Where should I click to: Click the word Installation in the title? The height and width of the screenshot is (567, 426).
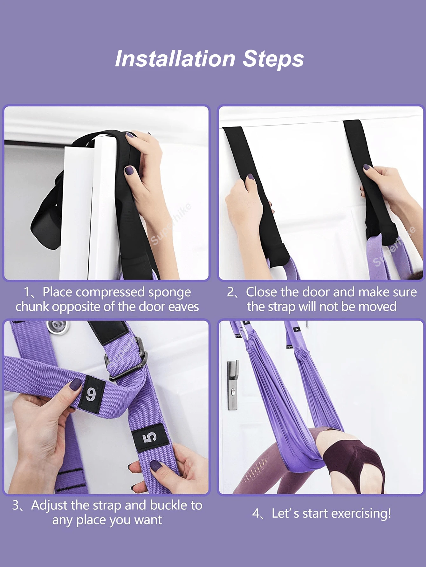click(175, 59)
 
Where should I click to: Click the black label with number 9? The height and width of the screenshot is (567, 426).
click(92, 395)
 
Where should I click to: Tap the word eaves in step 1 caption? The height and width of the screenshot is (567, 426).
click(183, 307)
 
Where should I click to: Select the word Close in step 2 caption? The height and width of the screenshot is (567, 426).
click(263, 292)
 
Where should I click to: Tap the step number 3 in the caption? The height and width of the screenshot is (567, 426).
click(16, 505)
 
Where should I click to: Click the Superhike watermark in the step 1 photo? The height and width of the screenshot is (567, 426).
click(171, 224)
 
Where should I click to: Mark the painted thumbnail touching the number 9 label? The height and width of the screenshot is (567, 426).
click(75, 385)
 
